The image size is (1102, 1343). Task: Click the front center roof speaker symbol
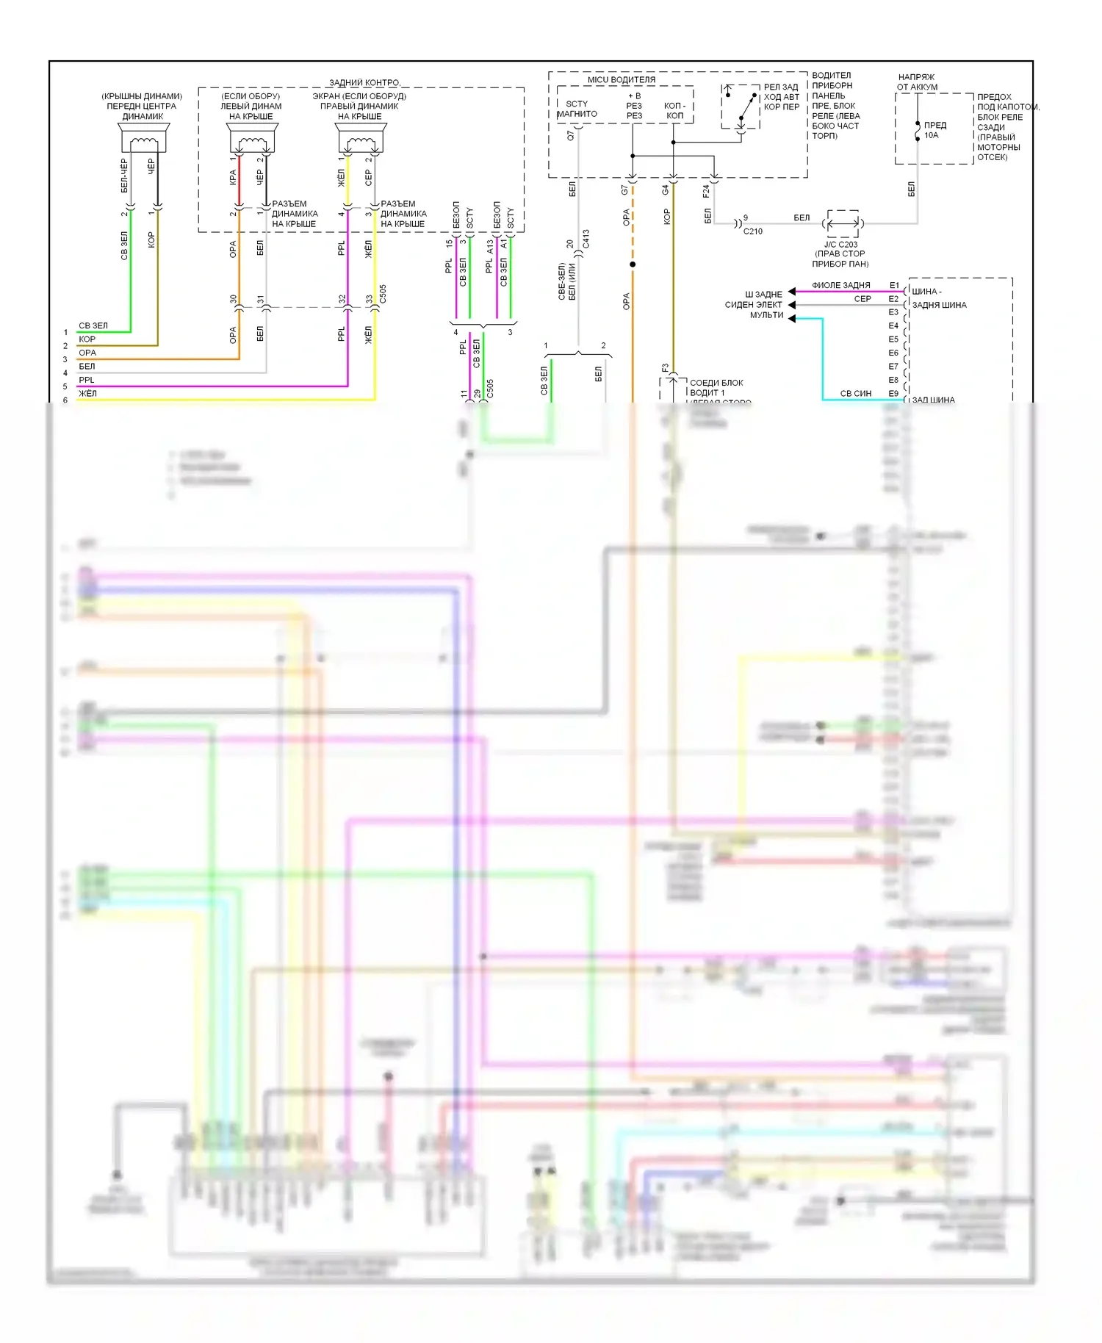143,137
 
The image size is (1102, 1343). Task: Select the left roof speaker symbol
251,137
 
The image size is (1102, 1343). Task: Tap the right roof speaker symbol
361,137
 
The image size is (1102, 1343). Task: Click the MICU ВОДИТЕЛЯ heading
621,79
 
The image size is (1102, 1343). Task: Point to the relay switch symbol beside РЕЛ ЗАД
741,107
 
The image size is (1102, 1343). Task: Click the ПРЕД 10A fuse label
934,130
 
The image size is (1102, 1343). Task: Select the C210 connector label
752,231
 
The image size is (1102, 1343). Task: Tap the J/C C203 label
840,245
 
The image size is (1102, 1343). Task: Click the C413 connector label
586,240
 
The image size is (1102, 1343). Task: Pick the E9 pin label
893,394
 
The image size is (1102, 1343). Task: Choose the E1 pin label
894,285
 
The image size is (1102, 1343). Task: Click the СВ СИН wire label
855,394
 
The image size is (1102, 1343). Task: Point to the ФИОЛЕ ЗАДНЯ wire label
840,285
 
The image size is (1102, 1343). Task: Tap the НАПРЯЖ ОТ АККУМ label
916,82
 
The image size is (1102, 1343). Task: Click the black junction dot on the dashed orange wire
633,264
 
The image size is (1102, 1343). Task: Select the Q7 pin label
571,136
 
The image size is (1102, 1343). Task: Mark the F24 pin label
706,191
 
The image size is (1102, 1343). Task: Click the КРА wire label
233,178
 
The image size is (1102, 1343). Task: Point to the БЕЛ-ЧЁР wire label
124,176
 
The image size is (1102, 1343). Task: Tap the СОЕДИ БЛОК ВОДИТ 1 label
716,388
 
